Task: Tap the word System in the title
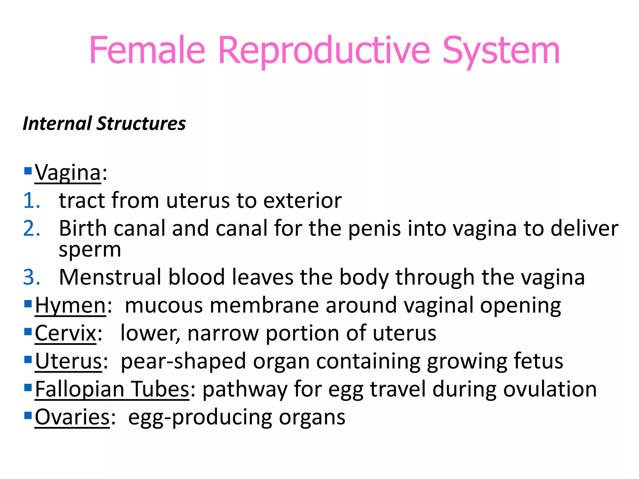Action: coord(501,51)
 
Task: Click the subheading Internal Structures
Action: coord(104,123)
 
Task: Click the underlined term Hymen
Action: coord(71,305)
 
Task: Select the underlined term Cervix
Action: coord(66,333)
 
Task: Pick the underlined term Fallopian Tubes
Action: coord(112,389)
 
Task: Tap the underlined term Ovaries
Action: coord(72,417)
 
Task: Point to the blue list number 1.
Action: coord(31,200)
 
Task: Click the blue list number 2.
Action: coord(31,228)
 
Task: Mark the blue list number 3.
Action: coord(31,277)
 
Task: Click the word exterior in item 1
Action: coord(302,200)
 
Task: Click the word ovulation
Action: coord(550,389)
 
